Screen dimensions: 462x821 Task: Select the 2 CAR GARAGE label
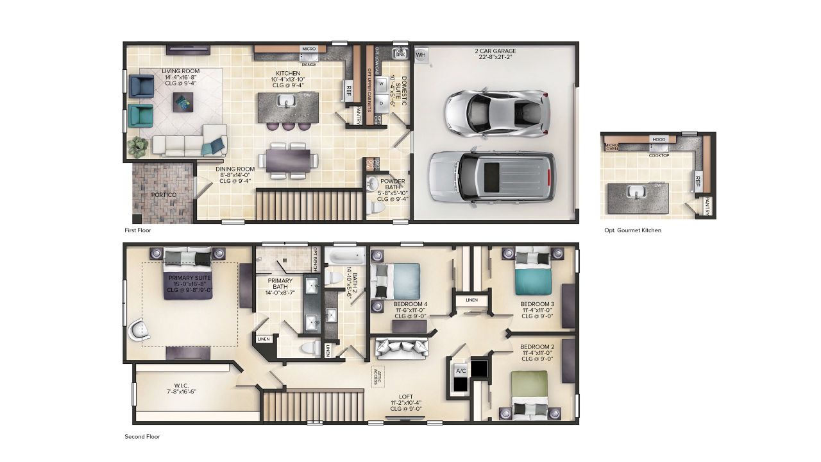(495, 54)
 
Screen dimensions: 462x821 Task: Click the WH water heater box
(421, 55)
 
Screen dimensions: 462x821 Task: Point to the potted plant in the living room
(138, 146)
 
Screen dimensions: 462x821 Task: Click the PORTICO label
(164, 194)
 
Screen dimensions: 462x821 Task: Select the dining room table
(287, 159)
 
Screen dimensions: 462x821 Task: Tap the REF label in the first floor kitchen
(349, 89)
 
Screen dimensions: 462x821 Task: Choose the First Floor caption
(138, 230)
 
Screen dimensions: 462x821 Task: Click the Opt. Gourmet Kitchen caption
(632, 230)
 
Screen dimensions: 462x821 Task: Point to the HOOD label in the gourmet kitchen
(659, 139)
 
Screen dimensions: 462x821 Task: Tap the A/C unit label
(461, 371)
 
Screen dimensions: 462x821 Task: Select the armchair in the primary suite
(140, 330)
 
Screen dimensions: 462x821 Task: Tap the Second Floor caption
(142, 436)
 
